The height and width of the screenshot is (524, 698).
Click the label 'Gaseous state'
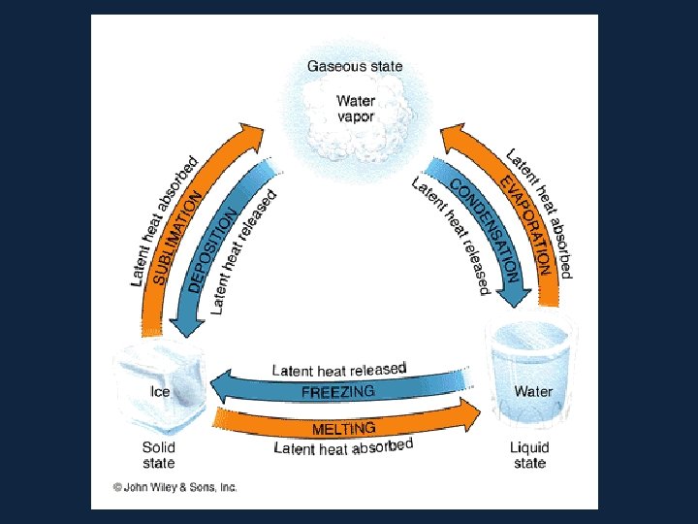[355, 67]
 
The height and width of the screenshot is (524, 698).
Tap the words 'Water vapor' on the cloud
[355, 108]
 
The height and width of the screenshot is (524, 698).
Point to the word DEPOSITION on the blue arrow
[212, 249]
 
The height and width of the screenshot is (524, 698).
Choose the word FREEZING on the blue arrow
[337, 392]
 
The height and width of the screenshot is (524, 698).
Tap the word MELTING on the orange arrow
[343, 428]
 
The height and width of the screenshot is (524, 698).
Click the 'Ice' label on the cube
[160, 391]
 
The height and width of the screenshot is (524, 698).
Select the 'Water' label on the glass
[532, 391]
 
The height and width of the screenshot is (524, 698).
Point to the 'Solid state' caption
[159, 455]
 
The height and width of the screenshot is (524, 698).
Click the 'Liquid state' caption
[529, 455]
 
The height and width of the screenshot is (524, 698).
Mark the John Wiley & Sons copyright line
[174, 488]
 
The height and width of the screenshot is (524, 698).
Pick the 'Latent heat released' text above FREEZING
[338, 370]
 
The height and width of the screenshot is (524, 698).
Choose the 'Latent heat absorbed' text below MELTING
[343, 447]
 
